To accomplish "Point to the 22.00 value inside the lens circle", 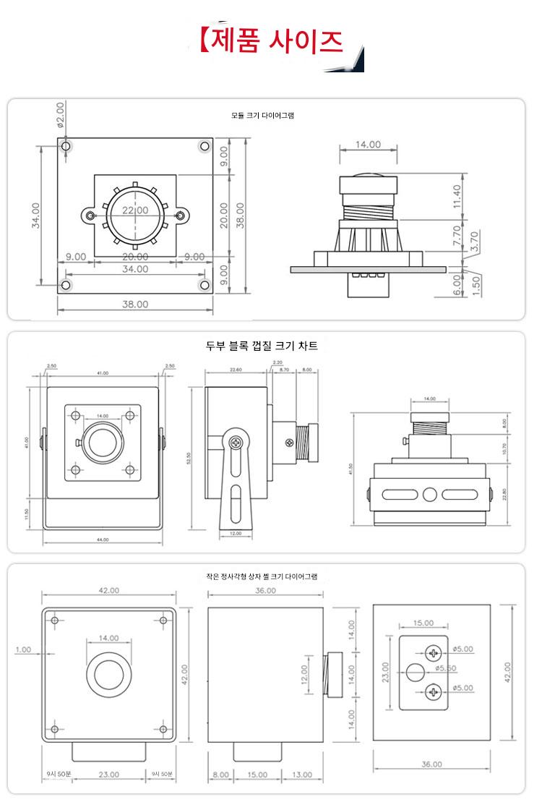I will [135, 210].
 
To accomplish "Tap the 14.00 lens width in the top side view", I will [368, 145].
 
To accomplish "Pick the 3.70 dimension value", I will [474, 241].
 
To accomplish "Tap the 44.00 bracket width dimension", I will [103, 540].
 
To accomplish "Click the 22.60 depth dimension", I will [235, 370].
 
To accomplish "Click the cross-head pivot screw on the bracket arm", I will [235, 443].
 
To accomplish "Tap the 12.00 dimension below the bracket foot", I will [236, 533].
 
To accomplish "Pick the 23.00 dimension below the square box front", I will [108, 775].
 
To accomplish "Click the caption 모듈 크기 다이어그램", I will [262, 115].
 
